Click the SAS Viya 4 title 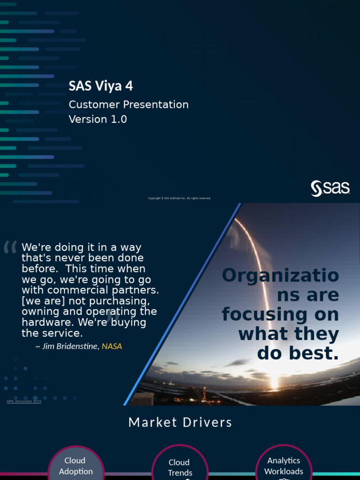[x=101, y=86]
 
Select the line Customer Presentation [x=128, y=105]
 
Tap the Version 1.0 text [x=97, y=119]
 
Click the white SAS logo [x=330, y=188]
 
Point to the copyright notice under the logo [x=180, y=198]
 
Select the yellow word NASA [x=112, y=346]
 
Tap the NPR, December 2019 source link [x=24, y=401]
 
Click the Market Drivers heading [x=180, y=422]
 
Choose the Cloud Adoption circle [x=75, y=464]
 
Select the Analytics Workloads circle [x=284, y=465]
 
